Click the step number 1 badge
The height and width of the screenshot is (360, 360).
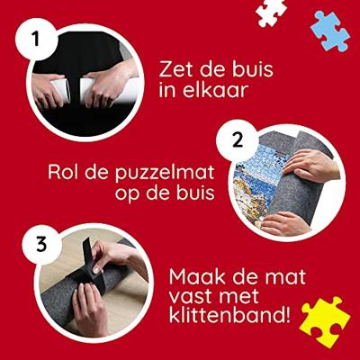(36, 40)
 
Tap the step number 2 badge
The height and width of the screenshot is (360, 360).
(238, 140)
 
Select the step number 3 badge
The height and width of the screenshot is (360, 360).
(41, 244)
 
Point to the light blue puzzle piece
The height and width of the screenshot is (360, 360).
(330, 31)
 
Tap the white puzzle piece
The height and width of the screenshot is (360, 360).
(271, 12)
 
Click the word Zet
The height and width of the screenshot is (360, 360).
(175, 69)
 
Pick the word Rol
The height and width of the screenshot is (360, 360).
(64, 172)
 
